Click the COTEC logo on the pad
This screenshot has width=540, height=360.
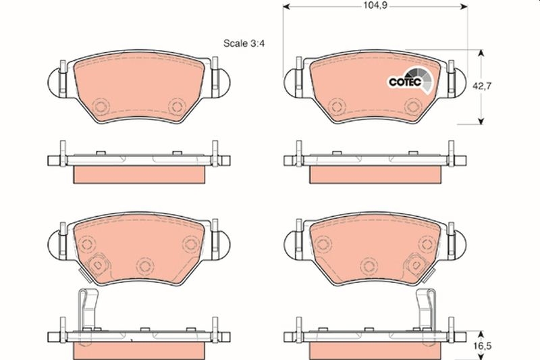pyautogui.click(x=407, y=80)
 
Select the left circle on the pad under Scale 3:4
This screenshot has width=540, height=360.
pyautogui.click(x=101, y=106)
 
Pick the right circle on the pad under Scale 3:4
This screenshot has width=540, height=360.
pyautogui.click(x=177, y=105)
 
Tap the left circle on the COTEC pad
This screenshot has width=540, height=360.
pyautogui.click(x=336, y=106)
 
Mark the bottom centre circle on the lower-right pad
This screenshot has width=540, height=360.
pyautogui.click(x=367, y=264)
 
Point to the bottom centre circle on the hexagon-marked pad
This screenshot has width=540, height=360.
pyautogui.click(x=142, y=264)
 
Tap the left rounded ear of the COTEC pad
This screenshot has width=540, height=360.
pyautogui.click(x=292, y=82)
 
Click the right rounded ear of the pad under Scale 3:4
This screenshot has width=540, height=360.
pyautogui.click(x=223, y=82)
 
